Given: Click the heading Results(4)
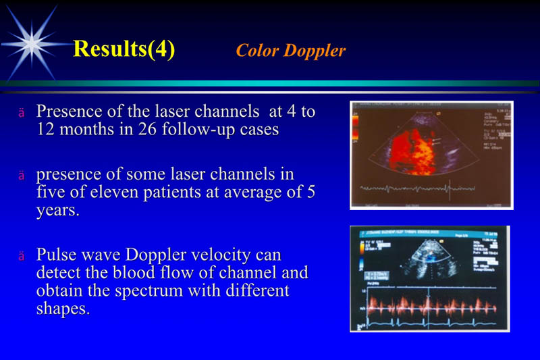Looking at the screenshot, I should point(124,49).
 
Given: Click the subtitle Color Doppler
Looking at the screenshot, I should point(290,51).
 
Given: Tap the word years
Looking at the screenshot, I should point(56,210).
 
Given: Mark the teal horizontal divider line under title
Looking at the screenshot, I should point(270,83).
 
